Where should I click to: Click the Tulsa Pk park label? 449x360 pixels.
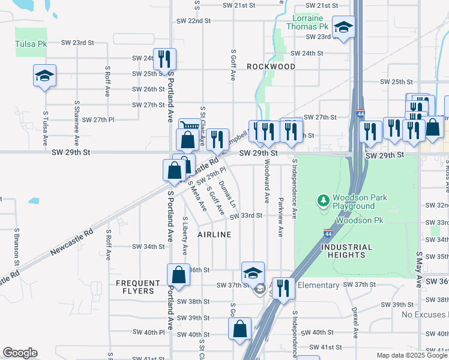[29, 44]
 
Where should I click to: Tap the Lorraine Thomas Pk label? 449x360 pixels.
[307, 22]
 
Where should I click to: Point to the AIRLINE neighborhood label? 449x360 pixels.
[214, 235]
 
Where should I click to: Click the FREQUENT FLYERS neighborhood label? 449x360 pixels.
[139, 287]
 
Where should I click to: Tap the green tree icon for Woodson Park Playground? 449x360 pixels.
[324, 199]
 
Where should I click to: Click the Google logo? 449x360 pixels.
[20, 353]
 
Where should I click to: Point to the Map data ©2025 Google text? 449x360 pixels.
[411, 355]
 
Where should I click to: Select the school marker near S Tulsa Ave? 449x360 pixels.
[44, 76]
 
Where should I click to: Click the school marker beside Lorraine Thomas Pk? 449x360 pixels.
[343, 27]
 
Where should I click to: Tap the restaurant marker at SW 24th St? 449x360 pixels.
[164, 59]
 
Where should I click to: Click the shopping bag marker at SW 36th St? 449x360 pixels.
[179, 275]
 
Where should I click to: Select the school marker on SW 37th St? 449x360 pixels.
[253, 273]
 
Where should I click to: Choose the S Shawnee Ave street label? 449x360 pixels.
[76, 126]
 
